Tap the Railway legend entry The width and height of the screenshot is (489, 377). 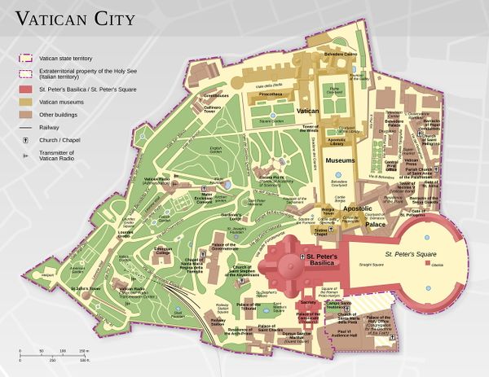tap(49, 126)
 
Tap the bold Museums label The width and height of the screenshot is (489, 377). tap(341, 161)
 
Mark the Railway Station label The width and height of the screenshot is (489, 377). tap(218, 322)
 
